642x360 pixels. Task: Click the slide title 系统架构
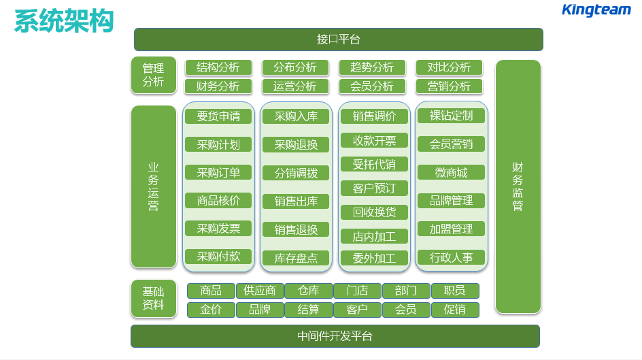point(63,21)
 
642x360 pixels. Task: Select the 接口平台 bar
point(338,39)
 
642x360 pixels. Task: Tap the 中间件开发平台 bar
point(335,336)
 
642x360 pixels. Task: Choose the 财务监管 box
point(518,186)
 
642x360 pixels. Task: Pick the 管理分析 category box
point(153,76)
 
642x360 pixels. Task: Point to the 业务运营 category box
point(153,186)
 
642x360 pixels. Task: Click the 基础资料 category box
point(153,299)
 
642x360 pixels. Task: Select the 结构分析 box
point(218,67)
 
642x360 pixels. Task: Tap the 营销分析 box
point(449,86)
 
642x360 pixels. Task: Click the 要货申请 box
point(218,116)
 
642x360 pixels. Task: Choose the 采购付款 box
point(218,257)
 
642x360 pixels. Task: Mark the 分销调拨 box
point(296,173)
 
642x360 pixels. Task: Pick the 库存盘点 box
point(296,259)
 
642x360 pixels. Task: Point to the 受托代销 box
point(374,164)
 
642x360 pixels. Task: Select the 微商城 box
point(451,172)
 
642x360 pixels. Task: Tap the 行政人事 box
point(451,257)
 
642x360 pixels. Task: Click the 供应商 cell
point(260,291)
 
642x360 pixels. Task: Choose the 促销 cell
point(455,310)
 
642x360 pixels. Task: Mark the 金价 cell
point(211,310)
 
